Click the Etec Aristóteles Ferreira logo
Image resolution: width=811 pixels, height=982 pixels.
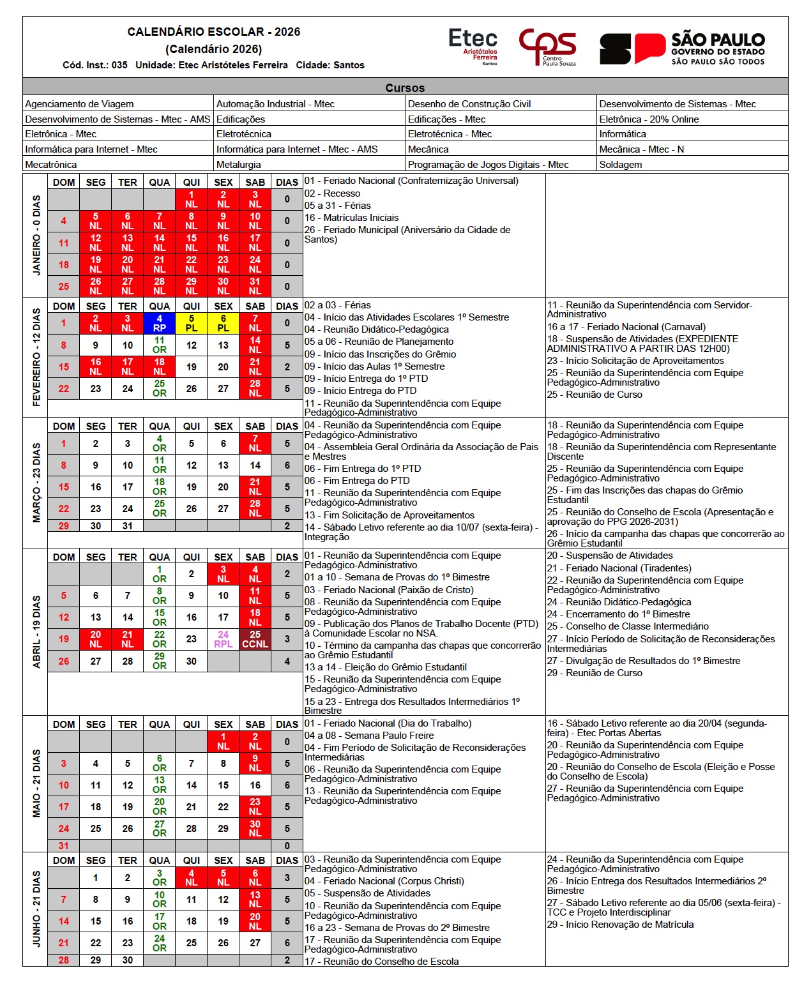(x=473, y=46)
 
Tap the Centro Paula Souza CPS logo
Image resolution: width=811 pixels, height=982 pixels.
(x=547, y=47)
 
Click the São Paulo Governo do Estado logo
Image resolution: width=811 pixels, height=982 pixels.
(x=682, y=48)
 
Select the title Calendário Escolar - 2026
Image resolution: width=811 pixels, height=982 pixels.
(x=213, y=32)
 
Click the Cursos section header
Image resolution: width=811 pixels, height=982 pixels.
(x=405, y=87)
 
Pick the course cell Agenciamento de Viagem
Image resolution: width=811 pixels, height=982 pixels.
(x=80, y=104)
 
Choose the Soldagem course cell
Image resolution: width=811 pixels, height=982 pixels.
(x=621, y=165)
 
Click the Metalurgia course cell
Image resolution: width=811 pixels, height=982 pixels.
(x=239, y=165)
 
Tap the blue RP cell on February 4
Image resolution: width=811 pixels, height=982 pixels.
(x=160, y=323)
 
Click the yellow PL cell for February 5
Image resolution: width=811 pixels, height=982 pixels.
(x=192, y=323)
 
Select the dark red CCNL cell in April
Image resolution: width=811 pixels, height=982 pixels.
(x=255, y=639)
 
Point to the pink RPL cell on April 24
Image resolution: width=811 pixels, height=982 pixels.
(x=223, y=639)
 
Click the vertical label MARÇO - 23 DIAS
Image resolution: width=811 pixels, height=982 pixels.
(x=36, y=483)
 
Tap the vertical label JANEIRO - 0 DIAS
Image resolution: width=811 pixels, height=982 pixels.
(x=36, y=235)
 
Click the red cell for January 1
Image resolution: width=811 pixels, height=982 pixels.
(x=192, y=199)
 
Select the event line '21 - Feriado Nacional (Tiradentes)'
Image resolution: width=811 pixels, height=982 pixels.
(x=619, y=568)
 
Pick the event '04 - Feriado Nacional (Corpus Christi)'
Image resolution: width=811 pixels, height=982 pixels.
(x=384, y=881)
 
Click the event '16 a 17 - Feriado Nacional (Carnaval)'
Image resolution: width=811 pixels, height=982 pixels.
(x=626, y=327)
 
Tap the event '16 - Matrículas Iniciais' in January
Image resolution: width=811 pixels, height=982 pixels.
(x=351, y=218)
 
